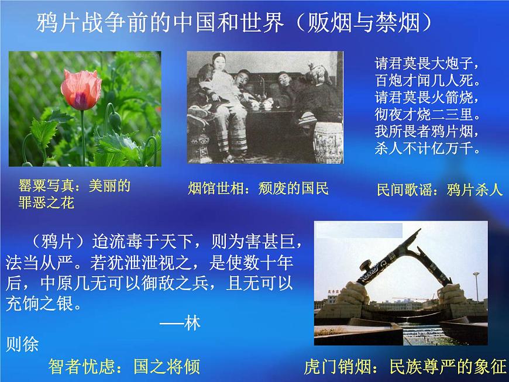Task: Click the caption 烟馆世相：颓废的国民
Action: click(x=258, y=188)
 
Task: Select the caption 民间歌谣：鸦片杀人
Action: click(x=439, y=190)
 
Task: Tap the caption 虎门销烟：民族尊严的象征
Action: click(x=405, y=367)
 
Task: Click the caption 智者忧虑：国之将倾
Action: click(x=124, y=367)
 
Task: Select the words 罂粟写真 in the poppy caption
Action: click(x=46, y=187)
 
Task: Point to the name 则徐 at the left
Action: click(x=22, y=344)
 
